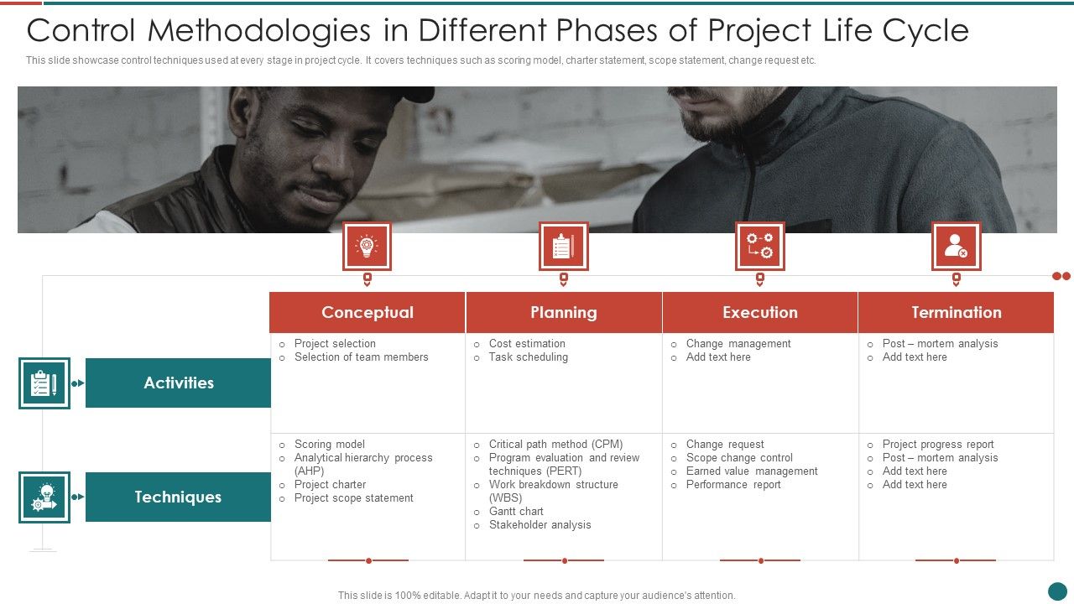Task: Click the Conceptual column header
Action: pyautogui.click(x=368, y=312)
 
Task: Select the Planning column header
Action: pyautogui.click(x=564, y=312)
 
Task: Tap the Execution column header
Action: pyautogui.click(x=760, y=312)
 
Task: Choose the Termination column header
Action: pyautogui.click(x=957, y=312)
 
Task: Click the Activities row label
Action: pyautogui.click(x=178, y=383)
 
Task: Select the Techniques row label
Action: pyautogui.click(x=178, y=497)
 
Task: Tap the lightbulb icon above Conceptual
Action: pyautogui.click(x=367, y=246)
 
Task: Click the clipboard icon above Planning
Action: pyautogui.click(x=563, y=246)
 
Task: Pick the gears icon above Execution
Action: pyautogui.click(x=760, y=246)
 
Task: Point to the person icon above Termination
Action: pyautogui.click(x=956, y=246)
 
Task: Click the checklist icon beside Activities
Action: pyautogui.click(x=44, y=383)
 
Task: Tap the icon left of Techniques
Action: pyautogui.click(x=44, y=497)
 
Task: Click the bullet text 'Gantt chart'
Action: pyautogui.click(x=516, y=512)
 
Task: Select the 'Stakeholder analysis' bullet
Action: pyautogui.click(x=540, y=525)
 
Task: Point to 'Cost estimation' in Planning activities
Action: pyautogui.click(x=527, y=344)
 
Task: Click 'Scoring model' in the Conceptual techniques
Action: pyautogui.click(x=329, y=445)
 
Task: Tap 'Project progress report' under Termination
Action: pyautogui.click(x=937, y=445)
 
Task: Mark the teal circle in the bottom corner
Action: pyautogui.click(x=1057, y=591)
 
